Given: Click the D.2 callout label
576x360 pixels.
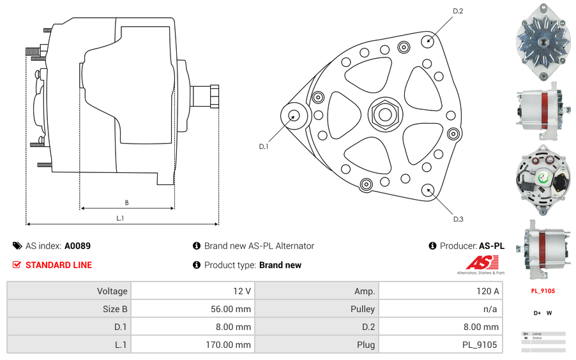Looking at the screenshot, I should pyautogui.click(x=458, y=11).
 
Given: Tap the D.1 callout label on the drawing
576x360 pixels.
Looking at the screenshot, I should pyautogui.click(x=264, y=147).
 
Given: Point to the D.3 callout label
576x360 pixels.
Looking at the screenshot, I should pyautogui.click(x=458, y=219).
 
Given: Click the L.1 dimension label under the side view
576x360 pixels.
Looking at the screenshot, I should pyautogui.click(x=120, y=218).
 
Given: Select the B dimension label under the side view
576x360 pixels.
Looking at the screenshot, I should pyautogui.click(x=126, y=203).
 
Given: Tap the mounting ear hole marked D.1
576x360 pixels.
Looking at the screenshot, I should pyautogui.click(x=294, y=116).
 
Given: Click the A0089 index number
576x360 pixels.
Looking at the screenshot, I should pyautogui.click(x=77, y=246).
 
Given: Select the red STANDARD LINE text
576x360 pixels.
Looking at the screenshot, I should pyautogui.click(x=58, y=265).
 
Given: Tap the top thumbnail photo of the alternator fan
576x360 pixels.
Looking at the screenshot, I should pyautogui.click(x=543, y=41).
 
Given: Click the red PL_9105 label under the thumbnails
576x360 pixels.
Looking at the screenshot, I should pyautogui.click(x=543, y=291).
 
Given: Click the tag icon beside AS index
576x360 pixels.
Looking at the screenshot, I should pyautogui.click(x=17, y=246).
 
